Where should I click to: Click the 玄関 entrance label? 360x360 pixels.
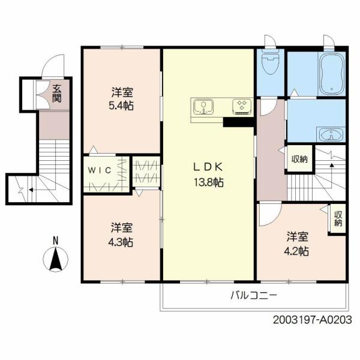click(56, 94)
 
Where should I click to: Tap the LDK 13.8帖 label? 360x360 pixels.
click(209, 175)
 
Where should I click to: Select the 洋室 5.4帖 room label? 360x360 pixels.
click(122, 99)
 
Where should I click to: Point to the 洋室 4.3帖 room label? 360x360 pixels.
click(121, 235)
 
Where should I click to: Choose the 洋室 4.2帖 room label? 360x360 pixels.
click(296, 244)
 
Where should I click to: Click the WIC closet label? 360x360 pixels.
click(100, 170)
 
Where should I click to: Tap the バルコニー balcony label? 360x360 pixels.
click(254, 295)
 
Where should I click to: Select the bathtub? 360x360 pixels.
click(332, 74)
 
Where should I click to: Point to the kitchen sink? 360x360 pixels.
click(203, 107)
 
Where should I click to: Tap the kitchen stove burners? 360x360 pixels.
click(242, 106)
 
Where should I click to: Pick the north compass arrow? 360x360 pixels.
click(56, 259)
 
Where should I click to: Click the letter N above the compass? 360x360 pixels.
click(56, 241)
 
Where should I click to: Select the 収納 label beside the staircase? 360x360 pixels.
click(299, 159)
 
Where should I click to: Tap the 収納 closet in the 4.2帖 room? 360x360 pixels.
click(338, 218)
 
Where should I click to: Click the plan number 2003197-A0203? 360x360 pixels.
click(312, 320)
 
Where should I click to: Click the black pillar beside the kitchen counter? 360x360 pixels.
click(238, 122)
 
